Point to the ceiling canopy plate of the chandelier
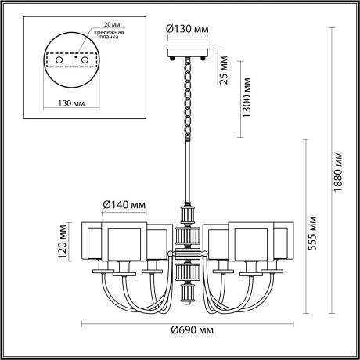[187, 54]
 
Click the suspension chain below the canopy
[187, 98]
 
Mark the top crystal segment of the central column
[187, 213]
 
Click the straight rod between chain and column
[187, 172]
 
